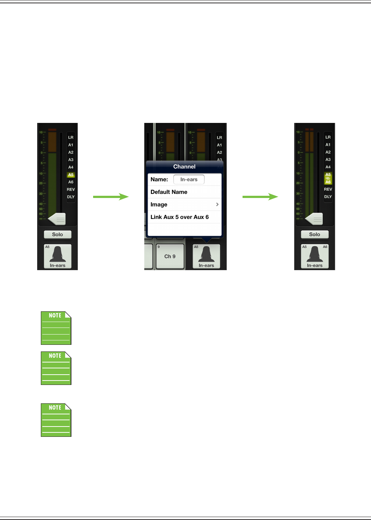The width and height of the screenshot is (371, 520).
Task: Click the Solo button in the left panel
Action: (57, 234)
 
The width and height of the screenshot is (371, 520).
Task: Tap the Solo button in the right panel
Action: (315, 234)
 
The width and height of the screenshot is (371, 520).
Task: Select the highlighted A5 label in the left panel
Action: (71, 175)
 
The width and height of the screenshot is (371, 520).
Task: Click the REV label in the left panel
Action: (71, 190)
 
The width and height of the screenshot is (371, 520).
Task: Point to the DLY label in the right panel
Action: (328, 197)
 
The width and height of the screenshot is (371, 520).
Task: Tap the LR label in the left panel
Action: (71, 137)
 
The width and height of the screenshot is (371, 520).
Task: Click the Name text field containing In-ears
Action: (189, 180)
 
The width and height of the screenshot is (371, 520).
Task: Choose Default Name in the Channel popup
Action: (169, 192)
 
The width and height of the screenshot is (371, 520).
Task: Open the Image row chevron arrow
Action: (217, 204)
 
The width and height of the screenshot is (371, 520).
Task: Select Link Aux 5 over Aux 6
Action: (180, 217)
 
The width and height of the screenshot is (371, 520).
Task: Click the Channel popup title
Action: (184, 167)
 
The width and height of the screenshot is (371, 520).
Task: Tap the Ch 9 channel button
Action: (170, 257)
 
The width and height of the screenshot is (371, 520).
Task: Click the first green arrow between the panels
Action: (111, 197)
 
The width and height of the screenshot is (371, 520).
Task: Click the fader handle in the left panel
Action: (57, 219)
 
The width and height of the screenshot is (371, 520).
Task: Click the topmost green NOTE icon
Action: (56, 328)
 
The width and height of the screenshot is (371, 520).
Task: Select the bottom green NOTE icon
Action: (56, 420)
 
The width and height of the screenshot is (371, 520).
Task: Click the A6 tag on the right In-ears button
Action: (325, 247)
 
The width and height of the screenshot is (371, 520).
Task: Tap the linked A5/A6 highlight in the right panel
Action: (328, 178)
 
